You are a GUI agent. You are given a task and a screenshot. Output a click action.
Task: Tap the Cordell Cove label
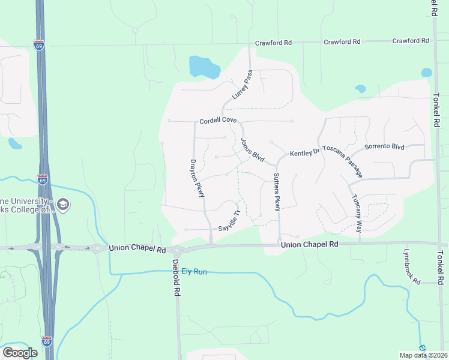click(x=218, y=120)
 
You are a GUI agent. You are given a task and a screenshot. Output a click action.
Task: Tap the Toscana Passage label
click(x=343, y=161)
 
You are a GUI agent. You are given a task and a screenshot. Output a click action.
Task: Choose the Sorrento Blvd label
click(x=385, y=146)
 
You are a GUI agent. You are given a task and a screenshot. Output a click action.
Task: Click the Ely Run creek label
click(x=194, y=272)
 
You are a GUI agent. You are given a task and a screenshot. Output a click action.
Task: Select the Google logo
click(x=20, y=352)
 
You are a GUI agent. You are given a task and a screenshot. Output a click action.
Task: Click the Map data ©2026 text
click(x=423, y=355)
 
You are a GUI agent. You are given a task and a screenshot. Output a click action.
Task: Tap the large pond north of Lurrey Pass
click(x=202, y=67)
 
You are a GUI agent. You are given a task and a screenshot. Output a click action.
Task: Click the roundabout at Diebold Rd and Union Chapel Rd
click(x=176, y=250)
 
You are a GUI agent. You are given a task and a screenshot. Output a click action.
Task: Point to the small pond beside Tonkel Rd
click(x=426, y=73)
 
